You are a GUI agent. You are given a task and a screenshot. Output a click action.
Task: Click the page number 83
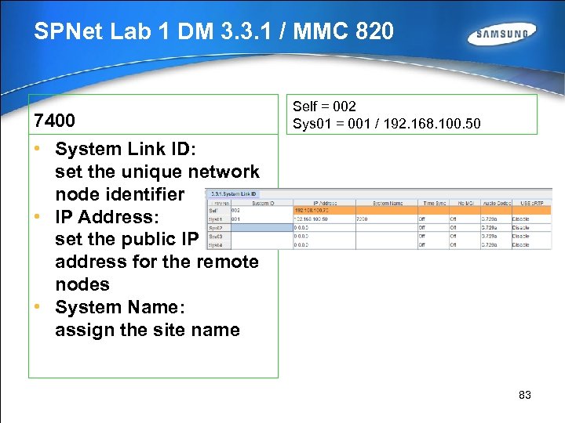[525, 395]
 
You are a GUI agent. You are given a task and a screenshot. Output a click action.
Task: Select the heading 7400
[54, 121]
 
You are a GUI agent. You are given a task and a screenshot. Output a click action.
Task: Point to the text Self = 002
[324, 107]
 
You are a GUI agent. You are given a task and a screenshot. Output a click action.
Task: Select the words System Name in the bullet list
[120, 307]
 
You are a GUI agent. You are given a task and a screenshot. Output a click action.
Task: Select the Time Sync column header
[432, 202]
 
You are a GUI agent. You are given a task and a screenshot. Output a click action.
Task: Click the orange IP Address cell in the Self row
[323, 210]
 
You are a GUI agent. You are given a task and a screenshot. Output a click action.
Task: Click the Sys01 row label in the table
[217, 219]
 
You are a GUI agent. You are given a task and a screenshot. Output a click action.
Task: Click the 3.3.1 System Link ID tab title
[231, 193]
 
